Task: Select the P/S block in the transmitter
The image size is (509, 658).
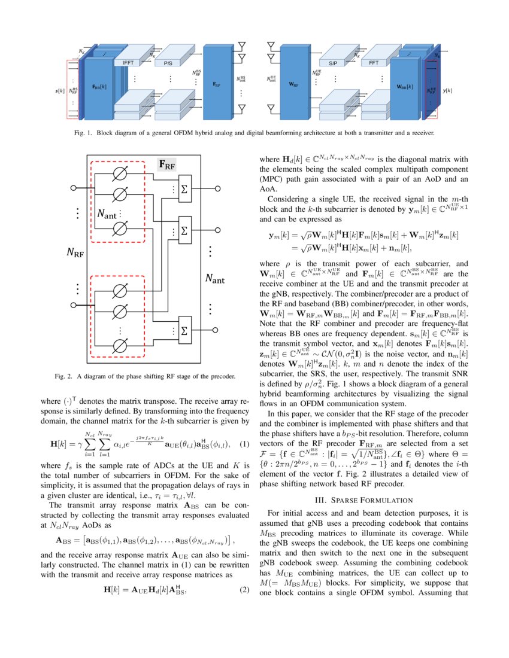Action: click(168, 62)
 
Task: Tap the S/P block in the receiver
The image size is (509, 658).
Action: click(334, 62)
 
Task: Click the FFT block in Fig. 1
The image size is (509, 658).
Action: click(374, 62)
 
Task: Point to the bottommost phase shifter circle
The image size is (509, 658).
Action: click(120, 345)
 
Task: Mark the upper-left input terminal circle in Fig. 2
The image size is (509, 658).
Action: click(74, 187)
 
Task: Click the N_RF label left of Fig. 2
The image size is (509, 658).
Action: click(75, 253)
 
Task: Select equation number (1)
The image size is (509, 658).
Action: click(244, 444)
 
